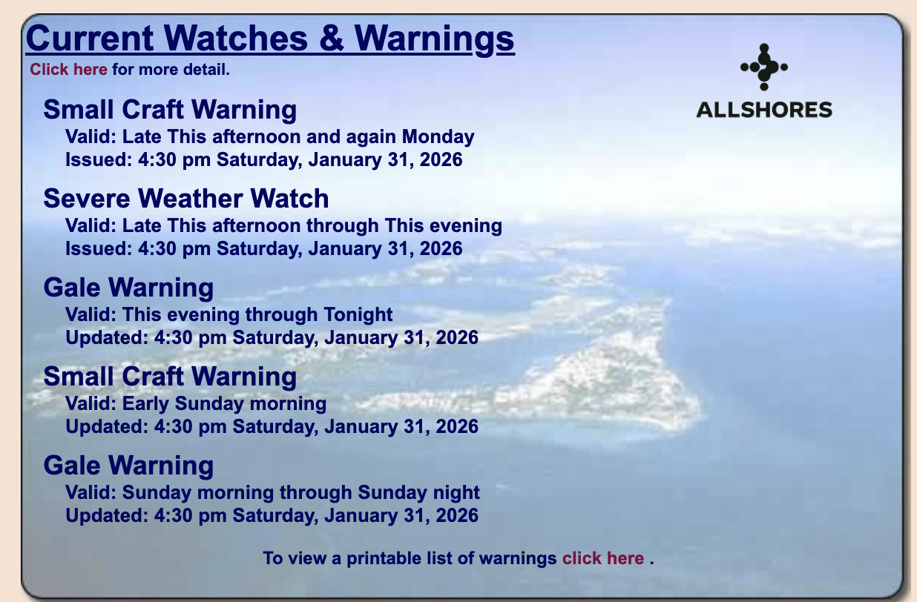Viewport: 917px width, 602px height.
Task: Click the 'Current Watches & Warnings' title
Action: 270,39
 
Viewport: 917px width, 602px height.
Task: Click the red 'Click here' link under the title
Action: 68,70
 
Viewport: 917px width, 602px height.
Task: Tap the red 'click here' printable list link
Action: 603,558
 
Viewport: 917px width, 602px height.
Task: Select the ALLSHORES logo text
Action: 764,110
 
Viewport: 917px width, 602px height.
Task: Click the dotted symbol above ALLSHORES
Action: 764,67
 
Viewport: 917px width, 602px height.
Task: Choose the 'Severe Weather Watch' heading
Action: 186,199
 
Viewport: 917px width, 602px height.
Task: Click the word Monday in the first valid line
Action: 438,136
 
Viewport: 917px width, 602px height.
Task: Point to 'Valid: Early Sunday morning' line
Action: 196,403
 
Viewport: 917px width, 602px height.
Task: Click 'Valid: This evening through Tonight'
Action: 229,314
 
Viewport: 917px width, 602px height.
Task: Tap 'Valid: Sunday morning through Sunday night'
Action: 272,492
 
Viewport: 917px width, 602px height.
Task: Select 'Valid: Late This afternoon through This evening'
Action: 283,225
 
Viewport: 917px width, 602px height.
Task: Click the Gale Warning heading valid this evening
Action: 128,288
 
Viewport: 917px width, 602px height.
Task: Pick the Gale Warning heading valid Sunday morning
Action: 128,466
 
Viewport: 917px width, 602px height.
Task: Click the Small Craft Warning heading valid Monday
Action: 170,110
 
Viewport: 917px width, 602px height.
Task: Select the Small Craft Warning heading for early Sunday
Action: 170,377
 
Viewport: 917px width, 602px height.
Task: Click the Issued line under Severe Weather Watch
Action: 263,248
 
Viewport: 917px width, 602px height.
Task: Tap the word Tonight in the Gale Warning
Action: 358,314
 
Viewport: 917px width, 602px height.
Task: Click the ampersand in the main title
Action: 331,39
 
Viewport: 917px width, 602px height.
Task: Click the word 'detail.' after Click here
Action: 206,70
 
